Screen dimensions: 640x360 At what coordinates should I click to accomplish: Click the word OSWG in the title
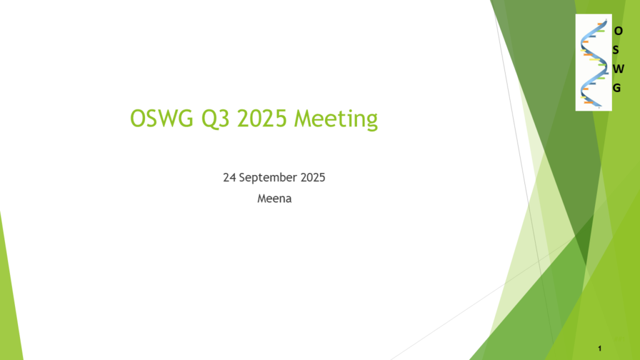pos(162,118)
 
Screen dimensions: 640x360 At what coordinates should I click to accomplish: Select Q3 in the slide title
pos(216,119)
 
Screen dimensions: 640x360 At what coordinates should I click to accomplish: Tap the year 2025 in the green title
pos(262,118)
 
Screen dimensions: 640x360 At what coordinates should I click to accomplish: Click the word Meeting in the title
pos(336,119)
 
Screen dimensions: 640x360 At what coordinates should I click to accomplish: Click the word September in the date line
pos(267,178)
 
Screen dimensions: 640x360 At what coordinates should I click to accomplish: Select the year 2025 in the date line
pos(312,177)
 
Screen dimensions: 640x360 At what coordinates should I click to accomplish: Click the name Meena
pos(274,199)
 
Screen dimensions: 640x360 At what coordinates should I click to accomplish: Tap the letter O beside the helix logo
pos(618,31)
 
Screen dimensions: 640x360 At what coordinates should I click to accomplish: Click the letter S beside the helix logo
pos(616,50)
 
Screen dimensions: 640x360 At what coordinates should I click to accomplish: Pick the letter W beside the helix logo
pos(618,69)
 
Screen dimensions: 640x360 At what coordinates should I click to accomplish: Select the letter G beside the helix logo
pos(617,87)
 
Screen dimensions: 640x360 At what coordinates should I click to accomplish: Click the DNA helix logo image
pos(594,62)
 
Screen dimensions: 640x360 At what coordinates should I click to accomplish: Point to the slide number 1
pos(599,348)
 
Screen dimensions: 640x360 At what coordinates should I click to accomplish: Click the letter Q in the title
pos(209,119)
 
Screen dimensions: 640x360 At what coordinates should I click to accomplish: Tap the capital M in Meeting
pos(303,119)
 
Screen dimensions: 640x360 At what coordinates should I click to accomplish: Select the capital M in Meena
pos(262,199)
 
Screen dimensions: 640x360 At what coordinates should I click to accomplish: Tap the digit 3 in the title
pos(224,119)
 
